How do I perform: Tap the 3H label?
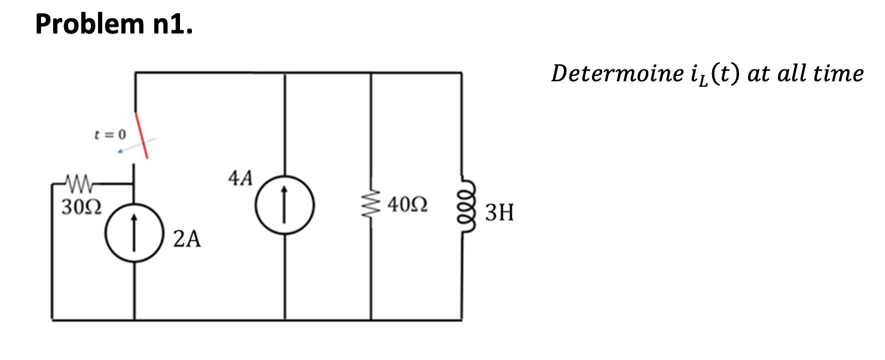[499, 212]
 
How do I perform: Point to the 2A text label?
[187, 239]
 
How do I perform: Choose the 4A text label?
[240, 178]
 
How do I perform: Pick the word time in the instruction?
[840, 74]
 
